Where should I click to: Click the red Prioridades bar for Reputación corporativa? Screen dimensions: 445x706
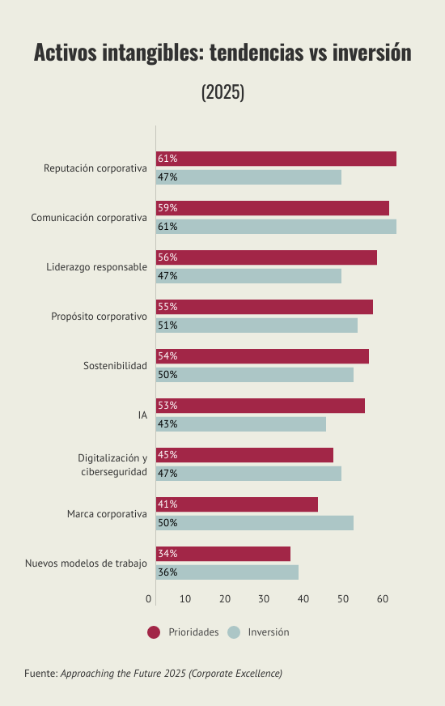coord(276,159)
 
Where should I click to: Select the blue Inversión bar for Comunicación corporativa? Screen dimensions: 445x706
coord(276,227)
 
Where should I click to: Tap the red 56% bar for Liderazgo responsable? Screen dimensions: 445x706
coord(266,257)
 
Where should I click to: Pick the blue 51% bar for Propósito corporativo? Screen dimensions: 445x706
coord(257,325)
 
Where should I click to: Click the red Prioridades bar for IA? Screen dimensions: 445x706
coord(261,406)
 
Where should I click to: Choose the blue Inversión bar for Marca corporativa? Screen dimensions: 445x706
coord(255,523)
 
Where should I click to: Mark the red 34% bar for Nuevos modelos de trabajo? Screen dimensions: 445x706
coord(223,554)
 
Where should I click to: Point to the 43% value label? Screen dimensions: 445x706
coord(167,424)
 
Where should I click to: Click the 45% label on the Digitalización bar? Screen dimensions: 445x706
coord(167,455)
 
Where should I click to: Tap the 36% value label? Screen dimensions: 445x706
coord(167,572)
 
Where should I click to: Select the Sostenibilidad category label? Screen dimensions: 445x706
coord(115,366)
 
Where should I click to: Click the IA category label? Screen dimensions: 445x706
coord(142,415)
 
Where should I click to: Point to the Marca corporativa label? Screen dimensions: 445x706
coord(107,514)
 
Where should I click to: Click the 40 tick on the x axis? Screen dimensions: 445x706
coord(303,599)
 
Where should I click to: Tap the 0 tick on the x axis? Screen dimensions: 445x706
coord(149,599)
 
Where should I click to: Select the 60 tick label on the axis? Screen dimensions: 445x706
coord(383,599)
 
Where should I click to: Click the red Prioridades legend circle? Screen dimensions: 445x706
coord(154,632)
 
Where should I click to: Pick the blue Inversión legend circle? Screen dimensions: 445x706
coord(234,632)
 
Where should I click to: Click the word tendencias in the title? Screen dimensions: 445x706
coord(256,53)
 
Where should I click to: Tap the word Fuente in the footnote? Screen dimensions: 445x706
coord(41,673)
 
